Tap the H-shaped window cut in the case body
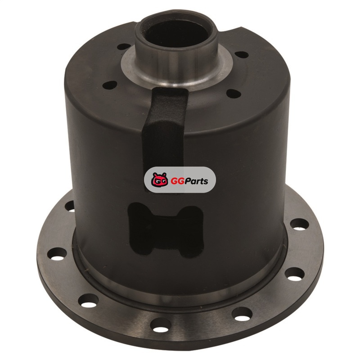(x=166, y=230)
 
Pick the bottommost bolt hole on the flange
(x=161, y=325)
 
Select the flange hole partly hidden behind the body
(x=70, y=206)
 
